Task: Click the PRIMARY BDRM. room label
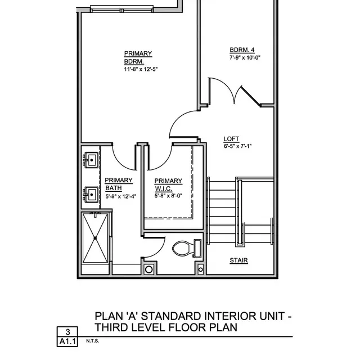coord(138,57)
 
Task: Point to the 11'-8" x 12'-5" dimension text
coord(141,69)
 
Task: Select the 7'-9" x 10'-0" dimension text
coord(245,57)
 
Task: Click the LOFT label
coord(231,139)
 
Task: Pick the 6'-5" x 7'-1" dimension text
coord(237,146)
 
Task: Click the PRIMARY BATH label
coord(118,184)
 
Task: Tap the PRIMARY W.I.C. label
coord(168,184)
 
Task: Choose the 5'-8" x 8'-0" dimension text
coord(168,196)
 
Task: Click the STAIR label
coord(238,260)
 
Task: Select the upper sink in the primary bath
coord(91,160)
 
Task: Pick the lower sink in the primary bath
coord(91,195)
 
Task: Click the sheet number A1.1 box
coord(67,341)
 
